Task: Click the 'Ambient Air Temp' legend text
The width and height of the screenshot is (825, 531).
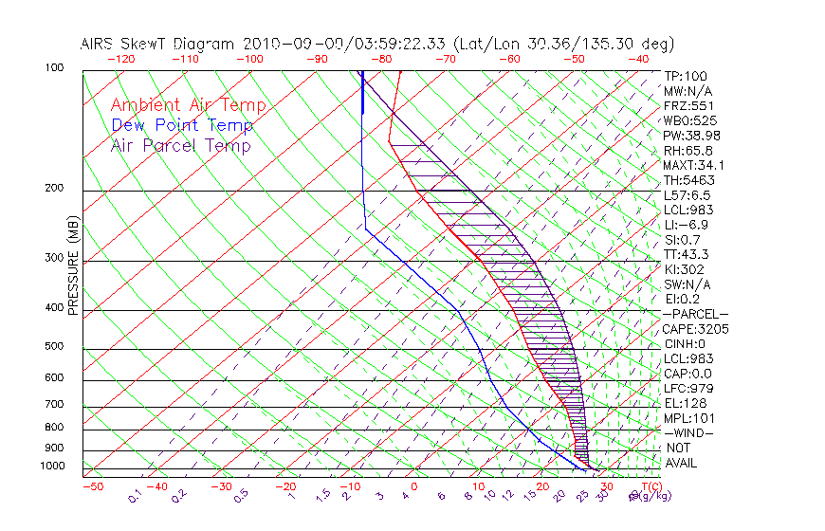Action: pos(188,105)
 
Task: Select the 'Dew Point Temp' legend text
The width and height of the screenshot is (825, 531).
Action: pos(182,125)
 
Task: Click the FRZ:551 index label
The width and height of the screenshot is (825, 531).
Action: pos(689,105)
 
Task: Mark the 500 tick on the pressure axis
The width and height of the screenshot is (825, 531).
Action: pos(54,346)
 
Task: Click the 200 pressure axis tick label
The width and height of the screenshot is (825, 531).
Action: pos(54,188)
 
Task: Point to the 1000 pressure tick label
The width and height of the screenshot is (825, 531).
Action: pos(52,466)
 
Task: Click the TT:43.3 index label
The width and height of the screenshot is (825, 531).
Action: pos(687,254)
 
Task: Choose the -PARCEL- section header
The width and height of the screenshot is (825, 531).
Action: pos(696,314)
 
